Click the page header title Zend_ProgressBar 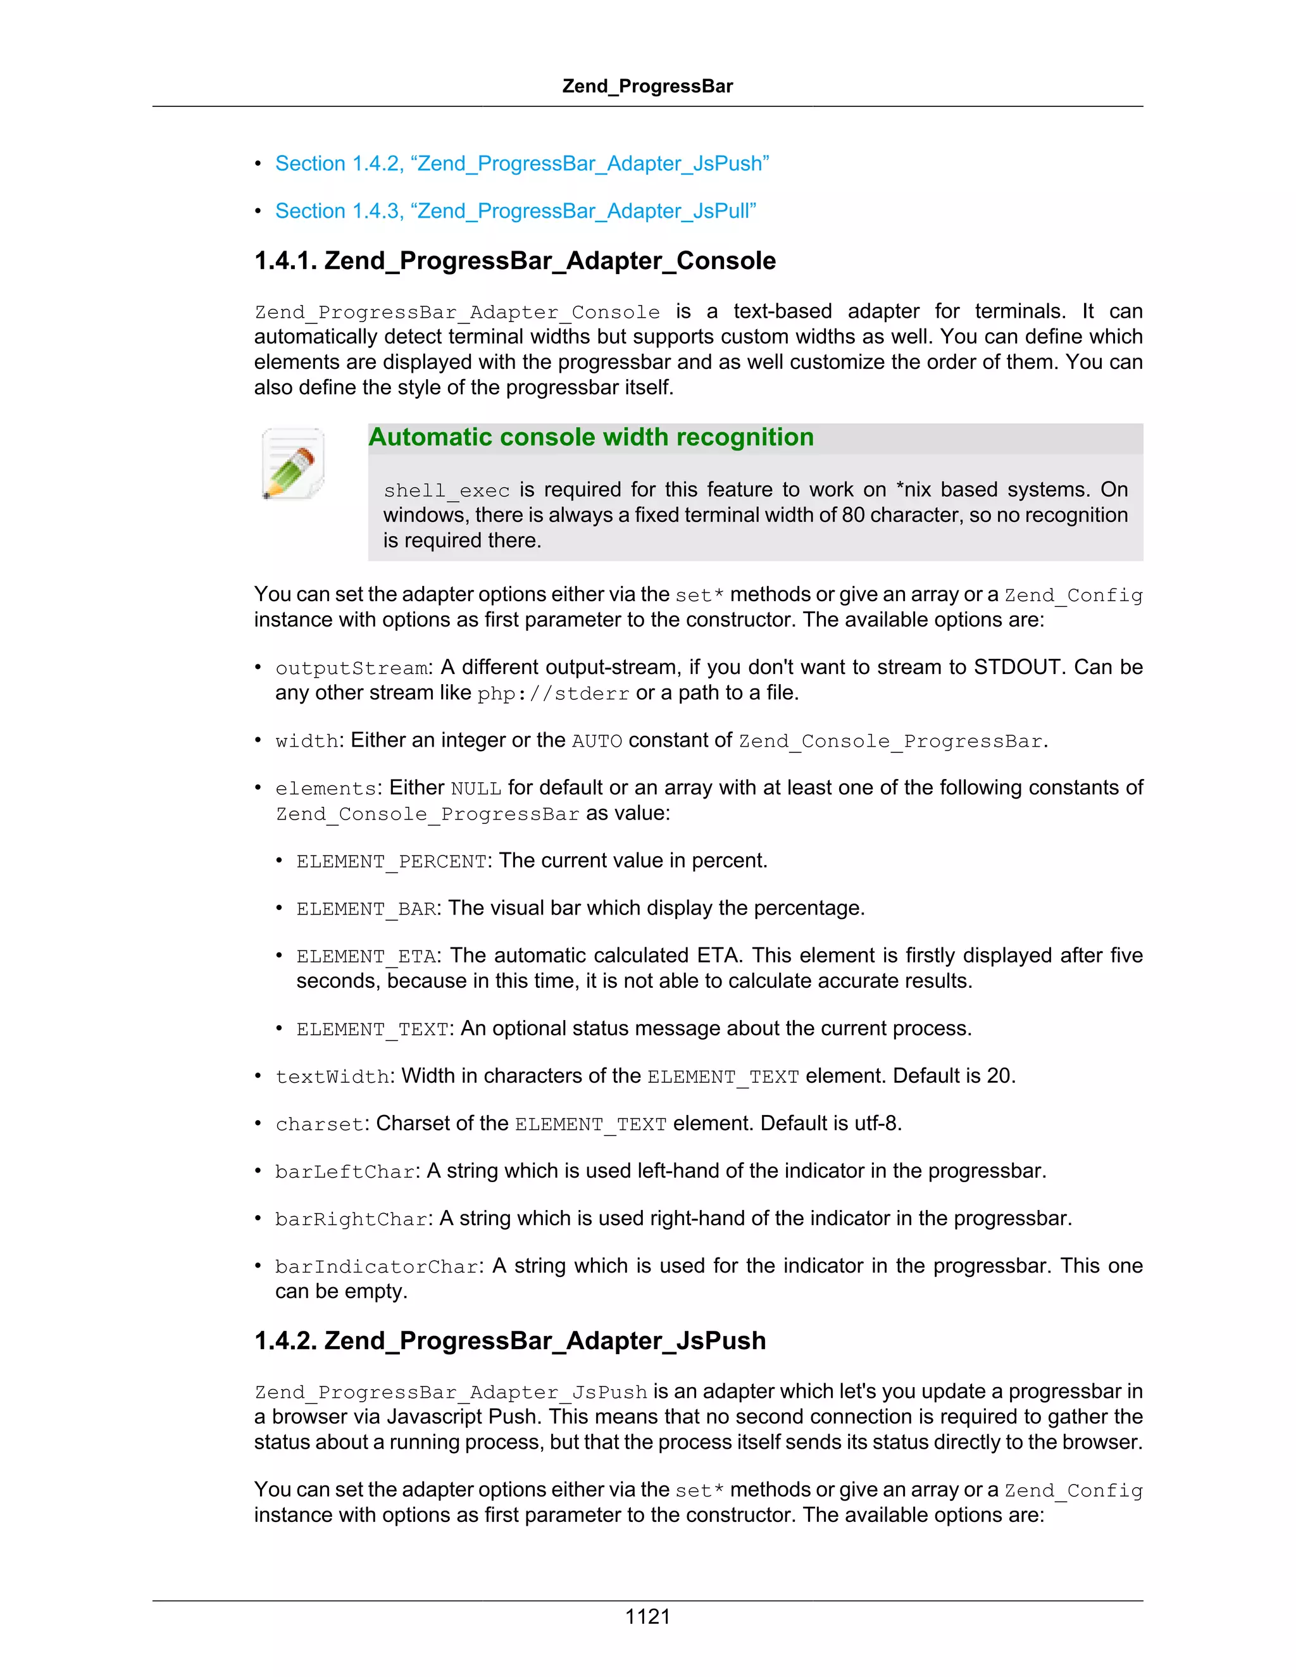[647, 86]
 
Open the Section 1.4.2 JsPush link [522, 163]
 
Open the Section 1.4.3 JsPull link [516, 211]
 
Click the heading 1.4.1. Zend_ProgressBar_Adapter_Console [514, 261]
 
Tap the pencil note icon [292, 464]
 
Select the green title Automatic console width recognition [590, 437]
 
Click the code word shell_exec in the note [446, 490]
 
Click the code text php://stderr [553, 694]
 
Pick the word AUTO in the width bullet [597, 741]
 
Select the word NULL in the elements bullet [476, 789]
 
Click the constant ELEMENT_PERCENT [392, 861]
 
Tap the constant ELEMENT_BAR [366, 909]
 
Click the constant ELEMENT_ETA [366, 957]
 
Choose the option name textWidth [332, 1077]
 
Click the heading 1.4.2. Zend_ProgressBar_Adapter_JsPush [510, 1341]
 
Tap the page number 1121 [647, 1616]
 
